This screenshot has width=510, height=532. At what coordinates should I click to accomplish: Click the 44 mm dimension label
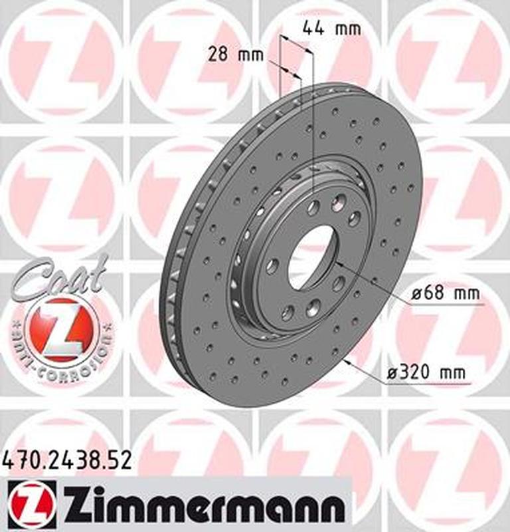331,29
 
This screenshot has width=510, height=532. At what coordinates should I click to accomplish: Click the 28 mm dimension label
236,55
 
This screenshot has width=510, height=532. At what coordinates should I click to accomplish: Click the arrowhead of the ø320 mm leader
347,363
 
